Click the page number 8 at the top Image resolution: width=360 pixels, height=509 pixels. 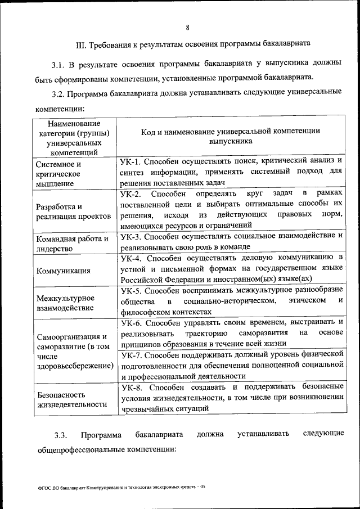coord(187,26)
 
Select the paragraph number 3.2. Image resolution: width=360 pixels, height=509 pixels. coord(58,92)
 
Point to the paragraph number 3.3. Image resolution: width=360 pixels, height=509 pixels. coord(61,435)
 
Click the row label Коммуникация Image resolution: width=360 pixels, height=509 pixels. coord(63,271)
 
